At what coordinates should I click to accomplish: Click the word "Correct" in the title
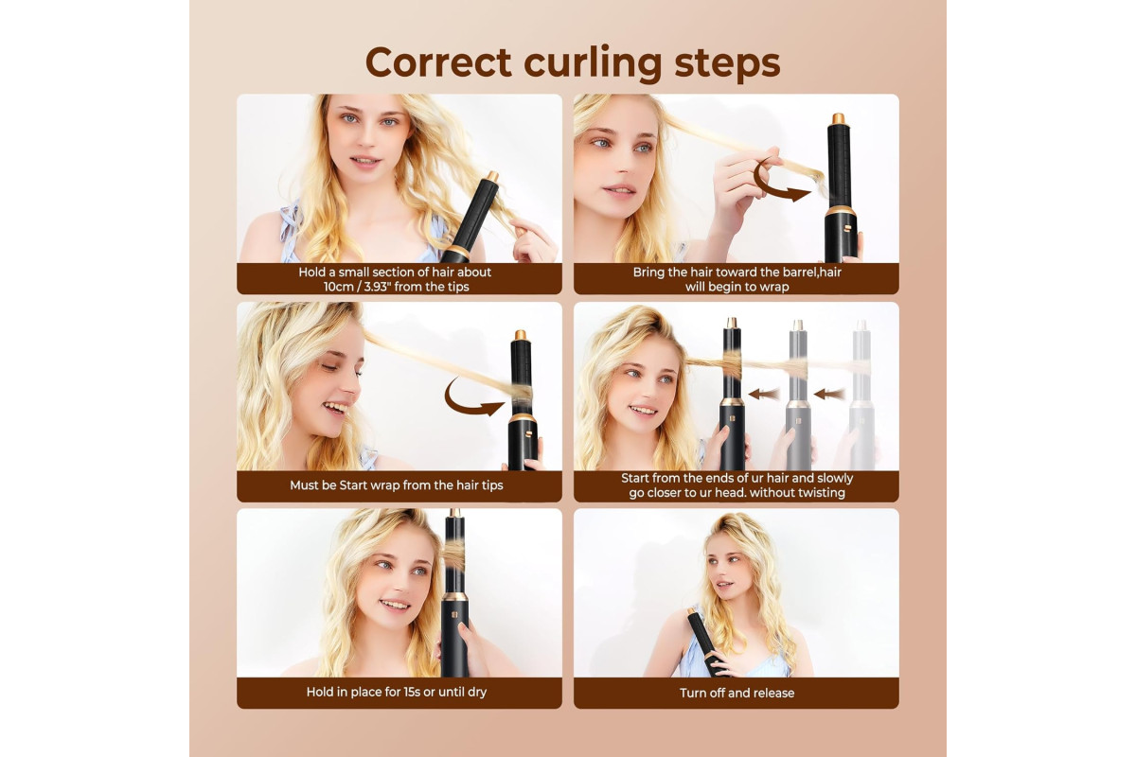(438, 62)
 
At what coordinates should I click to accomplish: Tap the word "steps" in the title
(727, 64)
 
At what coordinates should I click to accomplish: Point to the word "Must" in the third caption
(304, 485)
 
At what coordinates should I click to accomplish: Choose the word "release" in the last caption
(774, 693)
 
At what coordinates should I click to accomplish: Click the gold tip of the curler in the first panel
(492, 177)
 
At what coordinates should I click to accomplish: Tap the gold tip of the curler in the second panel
(837, 118)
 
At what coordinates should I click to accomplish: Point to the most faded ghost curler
(861, 396)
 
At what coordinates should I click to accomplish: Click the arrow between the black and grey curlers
(764, 394)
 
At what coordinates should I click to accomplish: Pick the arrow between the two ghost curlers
(829, 394)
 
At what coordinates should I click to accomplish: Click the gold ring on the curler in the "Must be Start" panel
(523, 418)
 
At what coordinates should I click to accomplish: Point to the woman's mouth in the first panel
(364, 161)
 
